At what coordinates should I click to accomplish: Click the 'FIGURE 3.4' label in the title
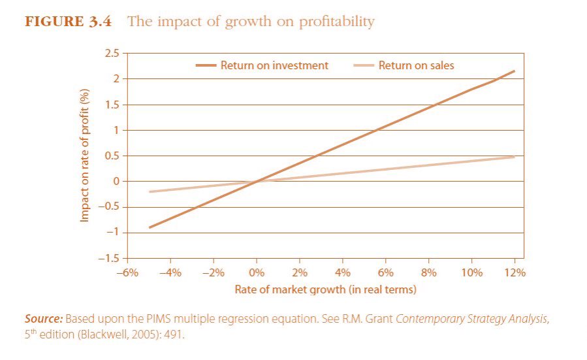68,22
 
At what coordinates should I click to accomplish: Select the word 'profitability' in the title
336,22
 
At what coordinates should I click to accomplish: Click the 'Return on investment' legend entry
262,65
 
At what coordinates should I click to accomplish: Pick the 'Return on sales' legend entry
404,65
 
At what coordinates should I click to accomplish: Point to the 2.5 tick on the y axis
111,54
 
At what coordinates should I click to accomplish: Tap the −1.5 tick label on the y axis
108,259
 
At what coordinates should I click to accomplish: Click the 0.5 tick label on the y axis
111,156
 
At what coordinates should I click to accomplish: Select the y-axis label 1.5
111,105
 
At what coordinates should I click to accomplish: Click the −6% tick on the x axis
127,272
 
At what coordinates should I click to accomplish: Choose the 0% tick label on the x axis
257,272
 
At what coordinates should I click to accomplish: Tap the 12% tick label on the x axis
515,272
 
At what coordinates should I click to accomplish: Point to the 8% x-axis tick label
428,272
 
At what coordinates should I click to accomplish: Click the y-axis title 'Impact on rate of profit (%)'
85,155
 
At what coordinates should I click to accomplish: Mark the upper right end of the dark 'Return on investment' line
515,71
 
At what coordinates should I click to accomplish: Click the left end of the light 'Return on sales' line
150,192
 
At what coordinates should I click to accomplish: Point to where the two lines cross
257,182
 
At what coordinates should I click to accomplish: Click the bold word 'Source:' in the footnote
44,319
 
